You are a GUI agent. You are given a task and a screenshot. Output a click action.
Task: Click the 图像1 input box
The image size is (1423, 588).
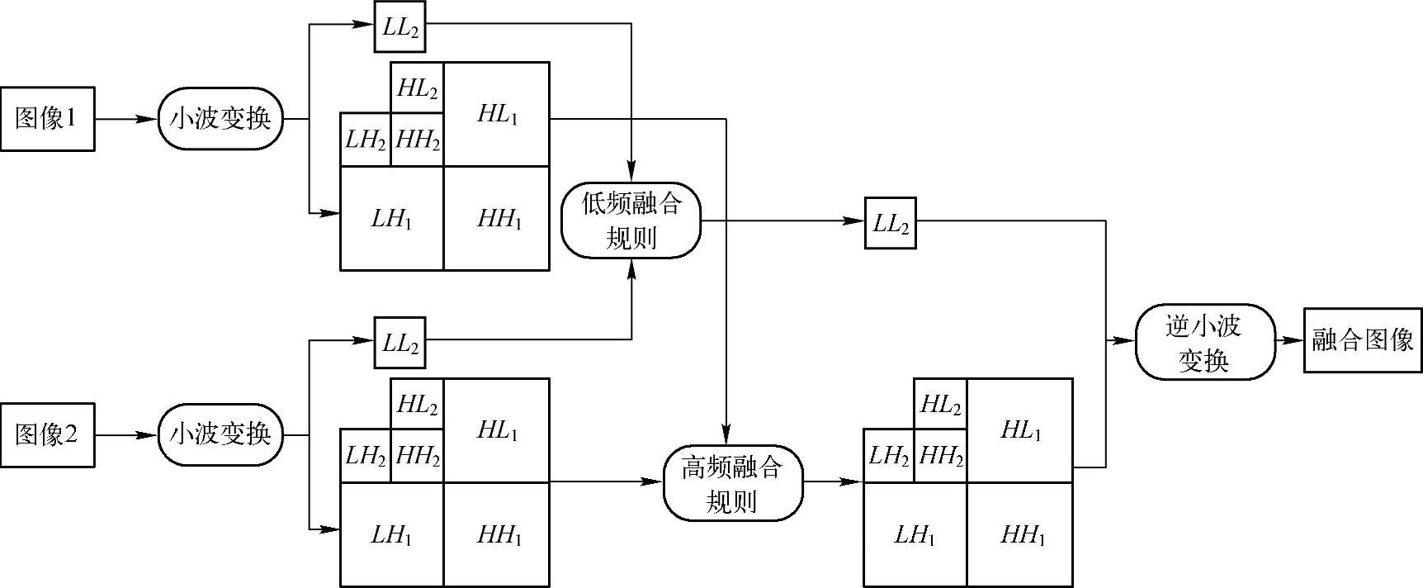47,120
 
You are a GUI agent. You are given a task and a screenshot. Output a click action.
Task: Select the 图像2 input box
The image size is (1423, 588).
47,435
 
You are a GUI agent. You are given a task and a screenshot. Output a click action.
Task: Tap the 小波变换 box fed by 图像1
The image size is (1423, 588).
220,120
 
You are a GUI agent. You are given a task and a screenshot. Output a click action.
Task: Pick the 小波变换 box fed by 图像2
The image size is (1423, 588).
220,434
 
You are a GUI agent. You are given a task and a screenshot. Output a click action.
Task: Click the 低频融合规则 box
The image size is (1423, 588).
631,220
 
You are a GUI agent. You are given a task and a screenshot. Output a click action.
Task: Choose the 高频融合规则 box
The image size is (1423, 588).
732,483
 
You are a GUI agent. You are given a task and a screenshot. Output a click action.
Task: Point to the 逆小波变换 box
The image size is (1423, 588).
1203,342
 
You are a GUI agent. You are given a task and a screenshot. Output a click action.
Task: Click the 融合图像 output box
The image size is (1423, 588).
1363,340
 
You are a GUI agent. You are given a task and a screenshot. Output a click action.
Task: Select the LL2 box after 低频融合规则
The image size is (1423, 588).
890,223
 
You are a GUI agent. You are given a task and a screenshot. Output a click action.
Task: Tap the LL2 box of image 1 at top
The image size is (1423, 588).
400,26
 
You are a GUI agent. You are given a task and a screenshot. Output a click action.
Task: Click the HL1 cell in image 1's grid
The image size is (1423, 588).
497,115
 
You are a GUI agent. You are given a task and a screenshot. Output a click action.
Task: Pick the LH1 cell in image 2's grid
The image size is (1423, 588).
391,534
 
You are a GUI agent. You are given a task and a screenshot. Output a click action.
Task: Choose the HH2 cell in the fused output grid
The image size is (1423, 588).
940,456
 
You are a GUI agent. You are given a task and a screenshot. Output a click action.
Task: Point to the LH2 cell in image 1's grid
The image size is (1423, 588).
365,140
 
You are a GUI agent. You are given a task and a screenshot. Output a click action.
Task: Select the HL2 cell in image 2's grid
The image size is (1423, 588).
417,405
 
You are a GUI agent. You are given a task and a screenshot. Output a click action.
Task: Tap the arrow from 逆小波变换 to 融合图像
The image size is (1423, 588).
1288,340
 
